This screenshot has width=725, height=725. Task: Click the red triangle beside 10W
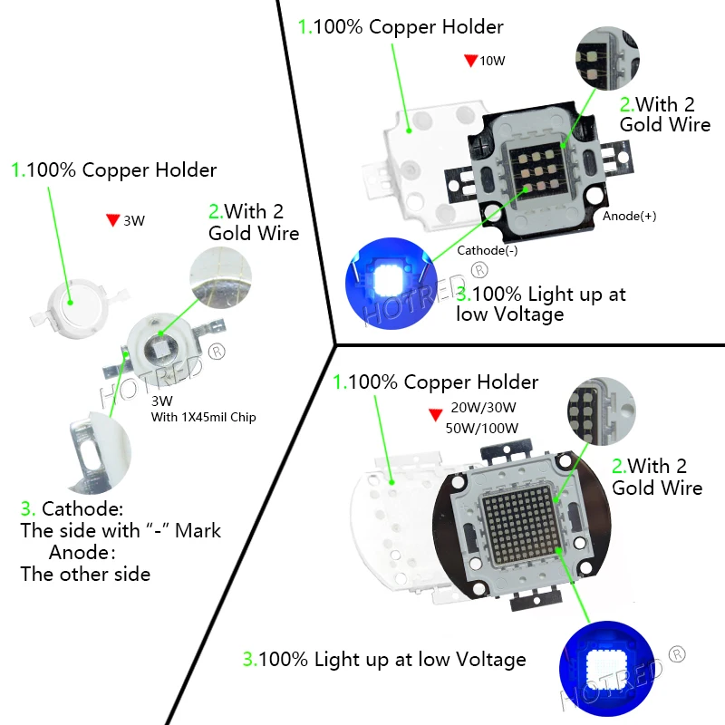(x=470, y=62)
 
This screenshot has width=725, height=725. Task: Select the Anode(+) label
(x=629, y=217)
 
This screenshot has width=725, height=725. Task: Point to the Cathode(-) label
(x=488, y=251)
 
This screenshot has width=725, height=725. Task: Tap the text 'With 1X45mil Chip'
(x=204, y=417)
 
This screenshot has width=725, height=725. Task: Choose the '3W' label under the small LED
(x=162, y=401)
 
